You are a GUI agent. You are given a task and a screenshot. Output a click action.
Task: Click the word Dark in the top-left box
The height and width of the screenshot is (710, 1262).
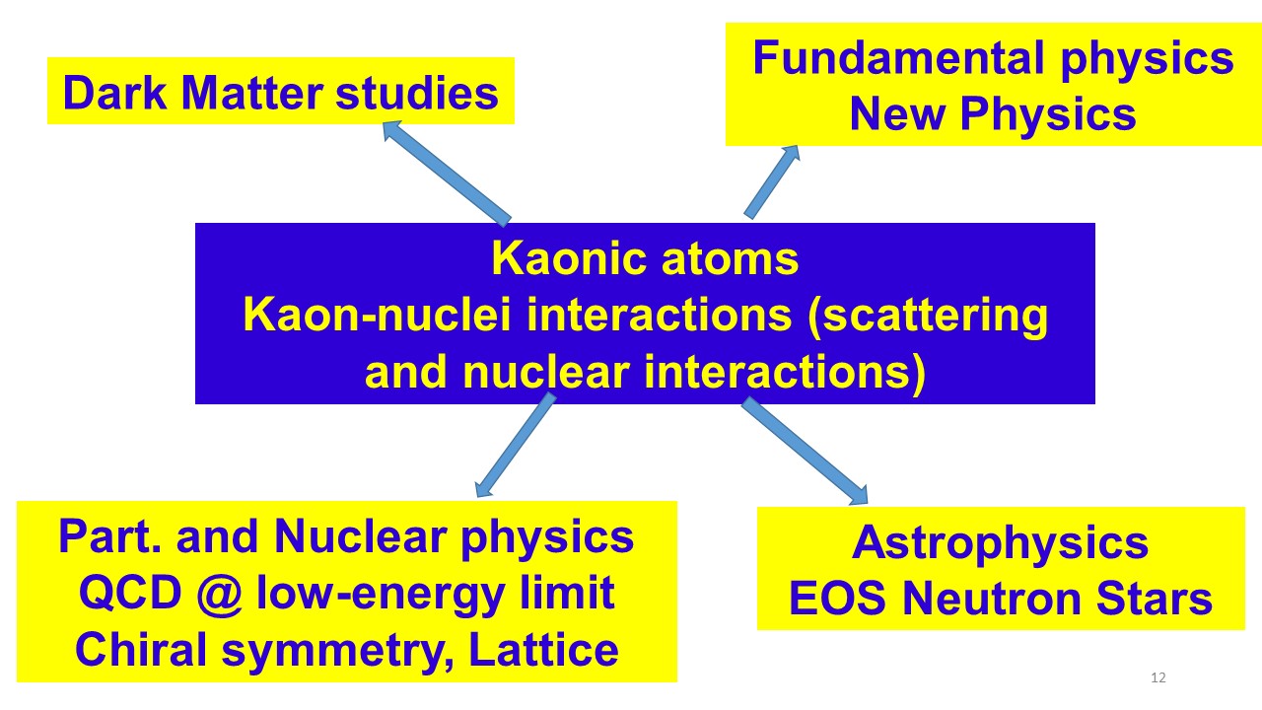click(114, 93)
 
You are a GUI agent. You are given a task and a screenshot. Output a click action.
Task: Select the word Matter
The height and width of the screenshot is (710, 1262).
click(251, 93)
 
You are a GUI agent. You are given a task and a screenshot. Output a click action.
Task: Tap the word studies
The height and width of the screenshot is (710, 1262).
click(417, 93)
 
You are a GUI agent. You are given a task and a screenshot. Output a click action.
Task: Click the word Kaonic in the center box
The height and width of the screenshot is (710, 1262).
click(569, 258)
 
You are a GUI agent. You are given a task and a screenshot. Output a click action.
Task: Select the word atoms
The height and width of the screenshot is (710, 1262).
click(731, 259)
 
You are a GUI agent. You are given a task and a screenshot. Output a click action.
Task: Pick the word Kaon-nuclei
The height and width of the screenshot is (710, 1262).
click(377, 315)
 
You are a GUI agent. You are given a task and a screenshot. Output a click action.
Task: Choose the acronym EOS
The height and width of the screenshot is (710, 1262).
click(838, 599)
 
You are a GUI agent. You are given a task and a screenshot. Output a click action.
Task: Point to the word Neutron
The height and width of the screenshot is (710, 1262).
click(992, 599)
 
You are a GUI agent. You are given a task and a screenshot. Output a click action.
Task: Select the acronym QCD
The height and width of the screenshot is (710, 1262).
click(130, 594)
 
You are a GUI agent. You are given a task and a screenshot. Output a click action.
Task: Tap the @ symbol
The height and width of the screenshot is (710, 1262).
click(220, 595)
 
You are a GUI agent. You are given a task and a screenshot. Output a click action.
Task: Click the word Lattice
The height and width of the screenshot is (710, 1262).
click(543, 650)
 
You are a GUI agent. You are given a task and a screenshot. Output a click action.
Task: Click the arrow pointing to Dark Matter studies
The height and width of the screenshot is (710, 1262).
click(447, 173)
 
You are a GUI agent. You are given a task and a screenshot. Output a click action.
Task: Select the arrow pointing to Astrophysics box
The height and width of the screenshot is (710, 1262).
click(805, 451)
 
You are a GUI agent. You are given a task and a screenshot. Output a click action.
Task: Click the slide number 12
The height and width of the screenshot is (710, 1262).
click(1158, 677)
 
